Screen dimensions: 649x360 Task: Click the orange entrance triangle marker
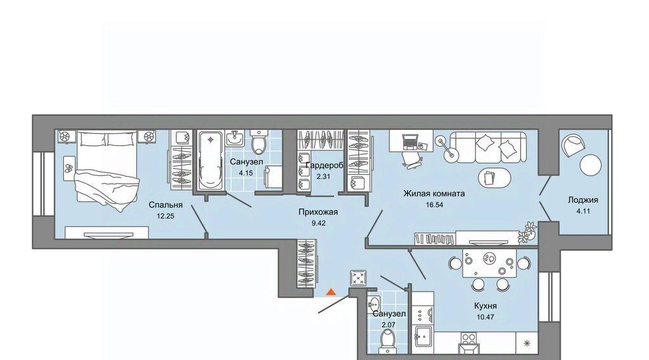[330, 292]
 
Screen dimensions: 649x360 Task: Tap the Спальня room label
[165, 205]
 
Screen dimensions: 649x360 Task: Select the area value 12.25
[165, 215]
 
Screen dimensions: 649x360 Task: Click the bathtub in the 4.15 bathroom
[210, 160]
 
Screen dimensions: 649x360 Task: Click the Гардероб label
[324, 165]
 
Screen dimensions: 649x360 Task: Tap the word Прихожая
[318, 212]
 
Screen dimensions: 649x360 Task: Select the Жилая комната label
[434, 193]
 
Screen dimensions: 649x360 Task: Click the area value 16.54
[434, 205]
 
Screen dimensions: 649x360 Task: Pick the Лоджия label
[583, 200]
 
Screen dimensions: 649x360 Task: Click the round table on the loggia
[590, 165]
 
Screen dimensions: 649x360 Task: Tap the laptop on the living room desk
[410, 141]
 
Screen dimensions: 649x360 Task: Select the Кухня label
[485, 305]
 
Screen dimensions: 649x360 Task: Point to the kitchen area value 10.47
[485, 318]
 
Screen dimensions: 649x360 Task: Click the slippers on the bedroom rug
[69, 168]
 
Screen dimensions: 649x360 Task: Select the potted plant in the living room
[528, 232]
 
